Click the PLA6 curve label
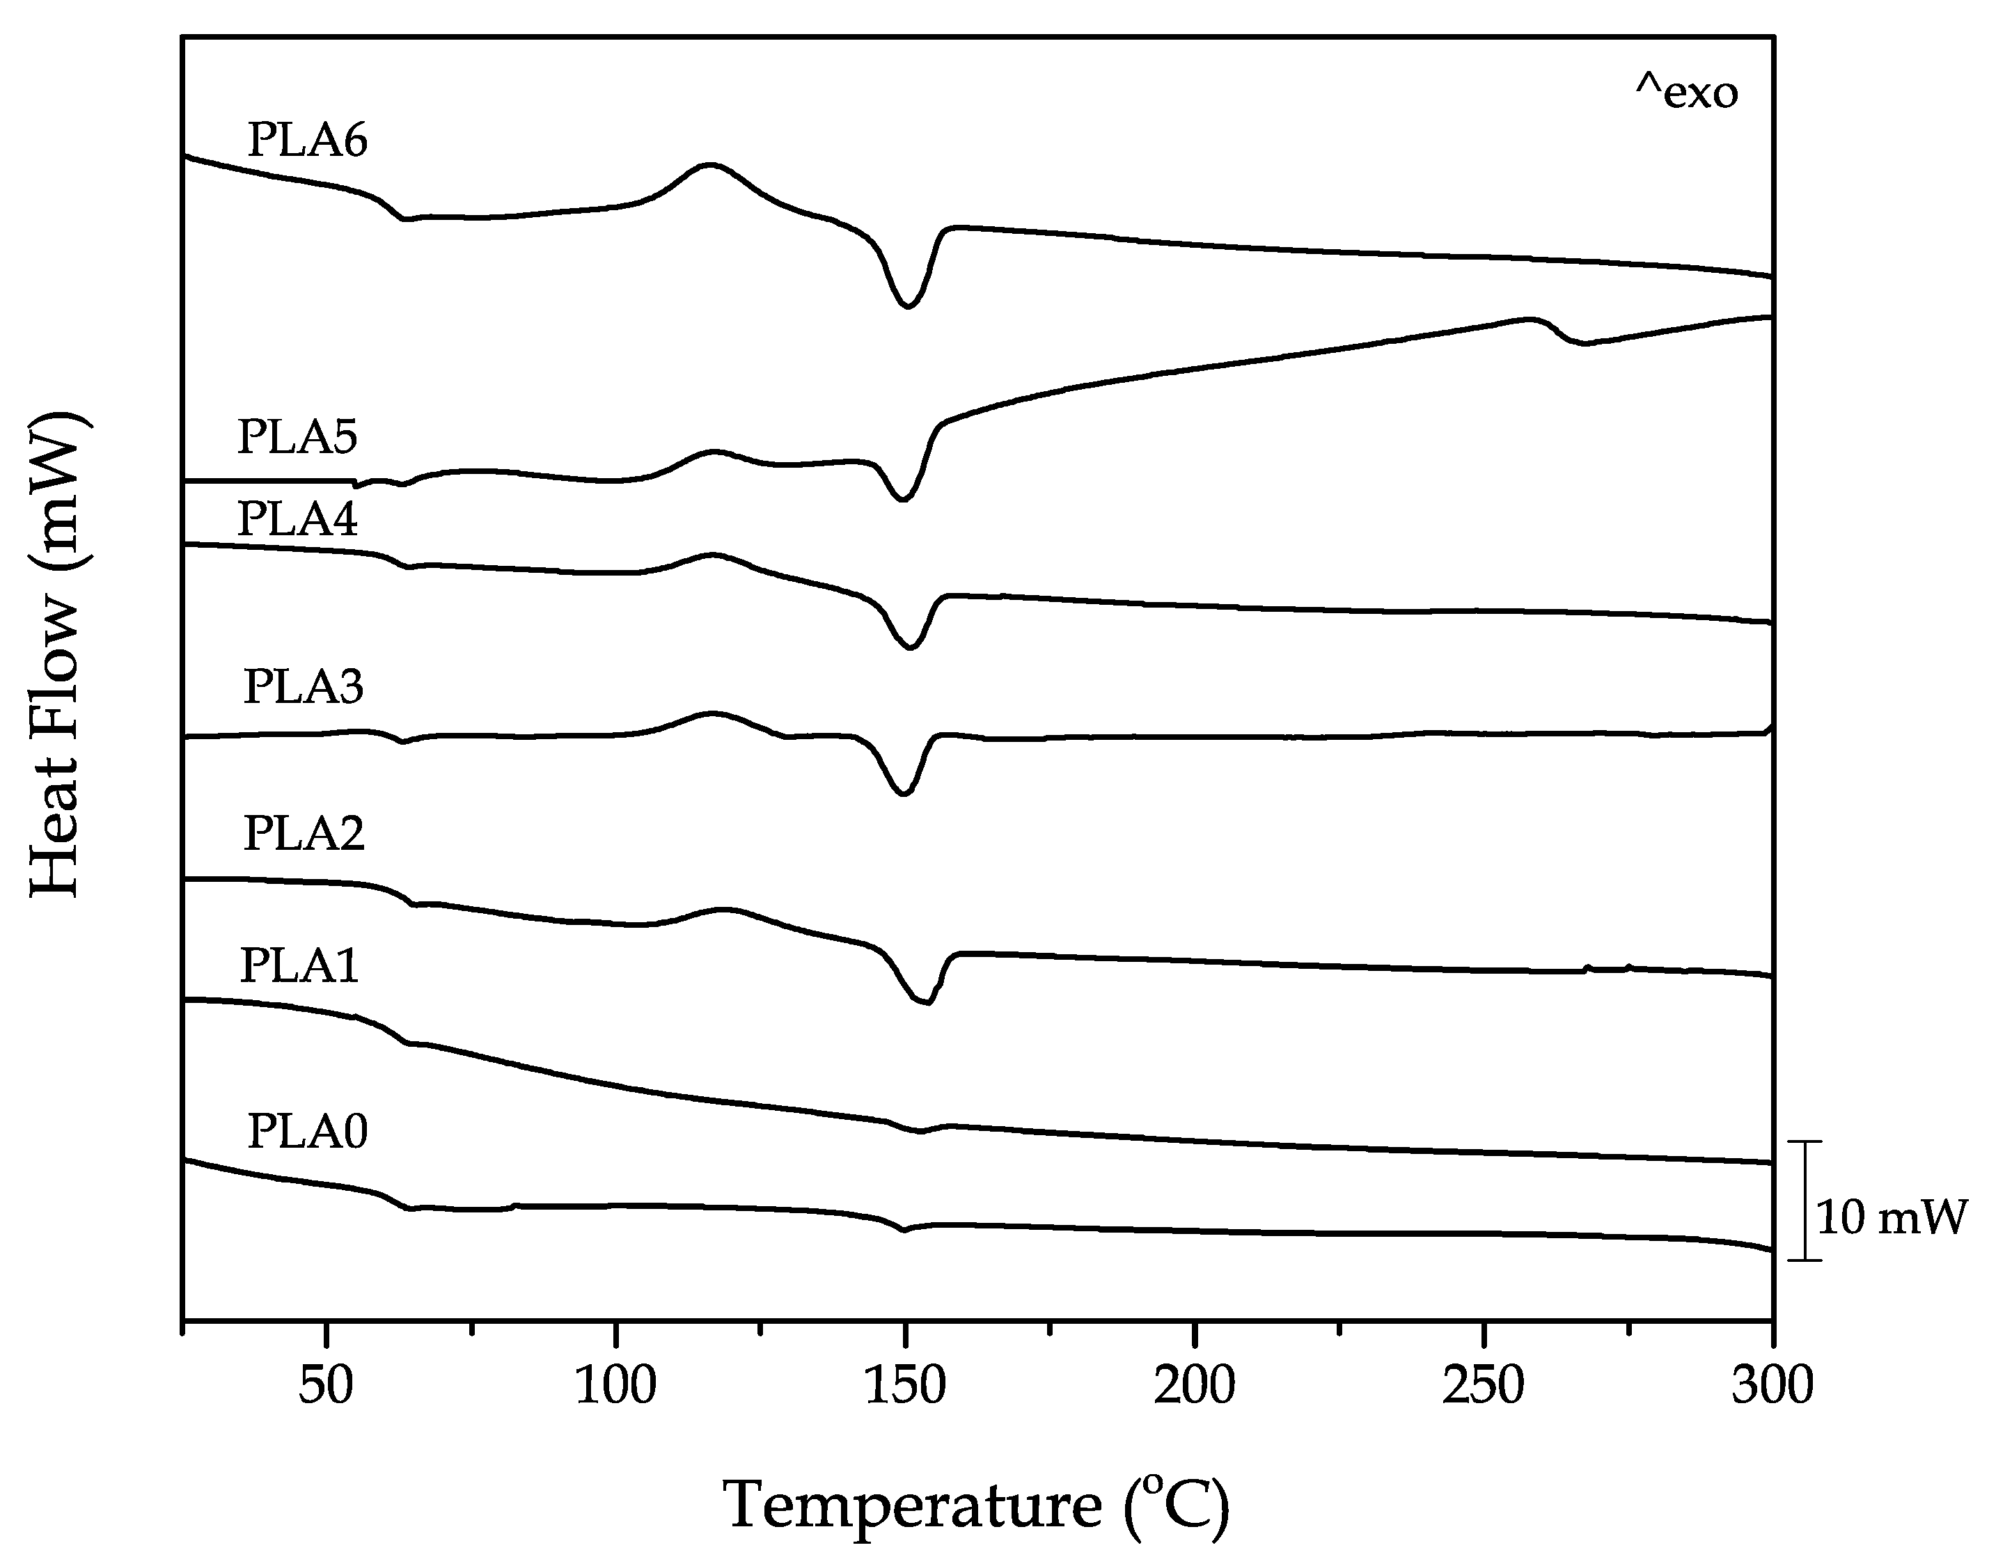pyautogui.click(x=307, y=141)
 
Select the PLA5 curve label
pyautogui.click(x=297, y=437)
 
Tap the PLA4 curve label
pyautogui.click(x=297, y=519)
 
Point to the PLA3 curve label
pyautogui.click(x=304, y=687)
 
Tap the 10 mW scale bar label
pyautogui.click(x=1891, y=1219)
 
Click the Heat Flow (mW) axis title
pyautogui.click(x=57, y=655)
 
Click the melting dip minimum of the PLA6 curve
pyautogui.click(x=907, y=306)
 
